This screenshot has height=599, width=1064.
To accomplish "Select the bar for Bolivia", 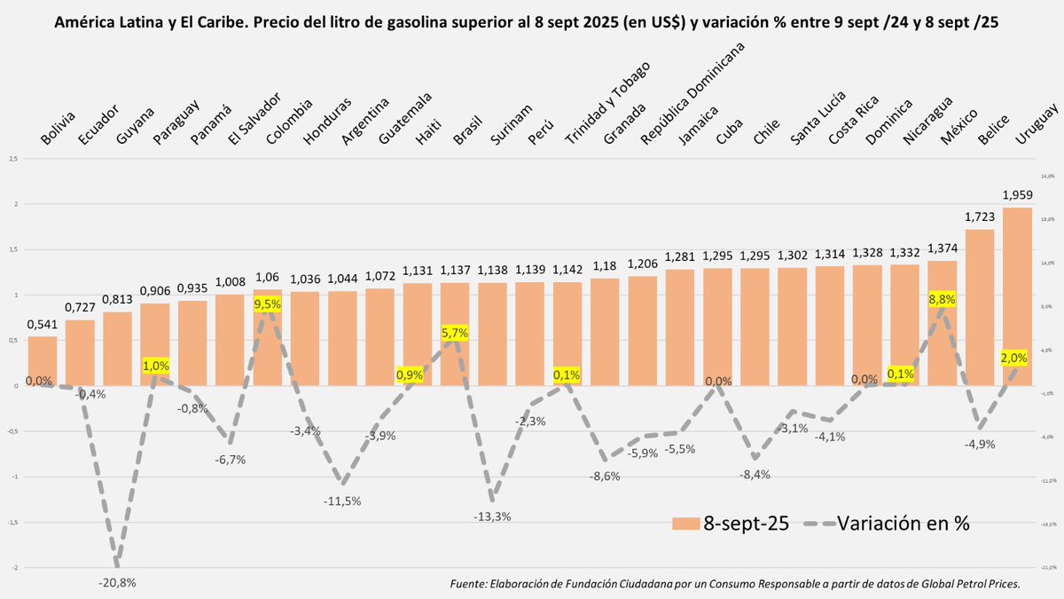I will point(42,360).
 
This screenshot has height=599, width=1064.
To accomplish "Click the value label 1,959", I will point(1017,195).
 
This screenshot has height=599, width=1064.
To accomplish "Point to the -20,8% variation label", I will point(117,582).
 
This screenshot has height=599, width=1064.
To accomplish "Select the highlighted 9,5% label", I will point(268,303).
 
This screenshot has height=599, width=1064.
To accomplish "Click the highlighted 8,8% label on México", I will point(942,299).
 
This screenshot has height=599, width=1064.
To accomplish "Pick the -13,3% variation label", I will point(492,516).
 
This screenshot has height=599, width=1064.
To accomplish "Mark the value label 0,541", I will point(42,324).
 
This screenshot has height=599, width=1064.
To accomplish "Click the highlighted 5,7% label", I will point(454,333).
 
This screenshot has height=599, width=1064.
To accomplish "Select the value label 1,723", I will point(980,217).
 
